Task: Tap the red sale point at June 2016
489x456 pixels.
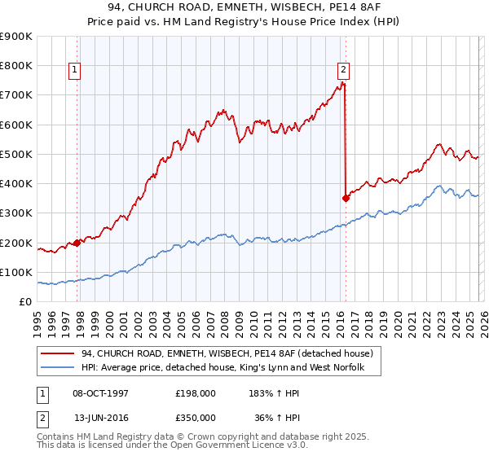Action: (x=346, y=197)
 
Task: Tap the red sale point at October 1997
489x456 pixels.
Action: (x=77, y=242)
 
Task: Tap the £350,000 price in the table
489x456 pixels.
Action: (x=195, y=416)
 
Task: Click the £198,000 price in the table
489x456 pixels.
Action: (x=195, y=392)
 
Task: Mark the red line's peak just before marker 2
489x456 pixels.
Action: (x=341, y=84)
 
